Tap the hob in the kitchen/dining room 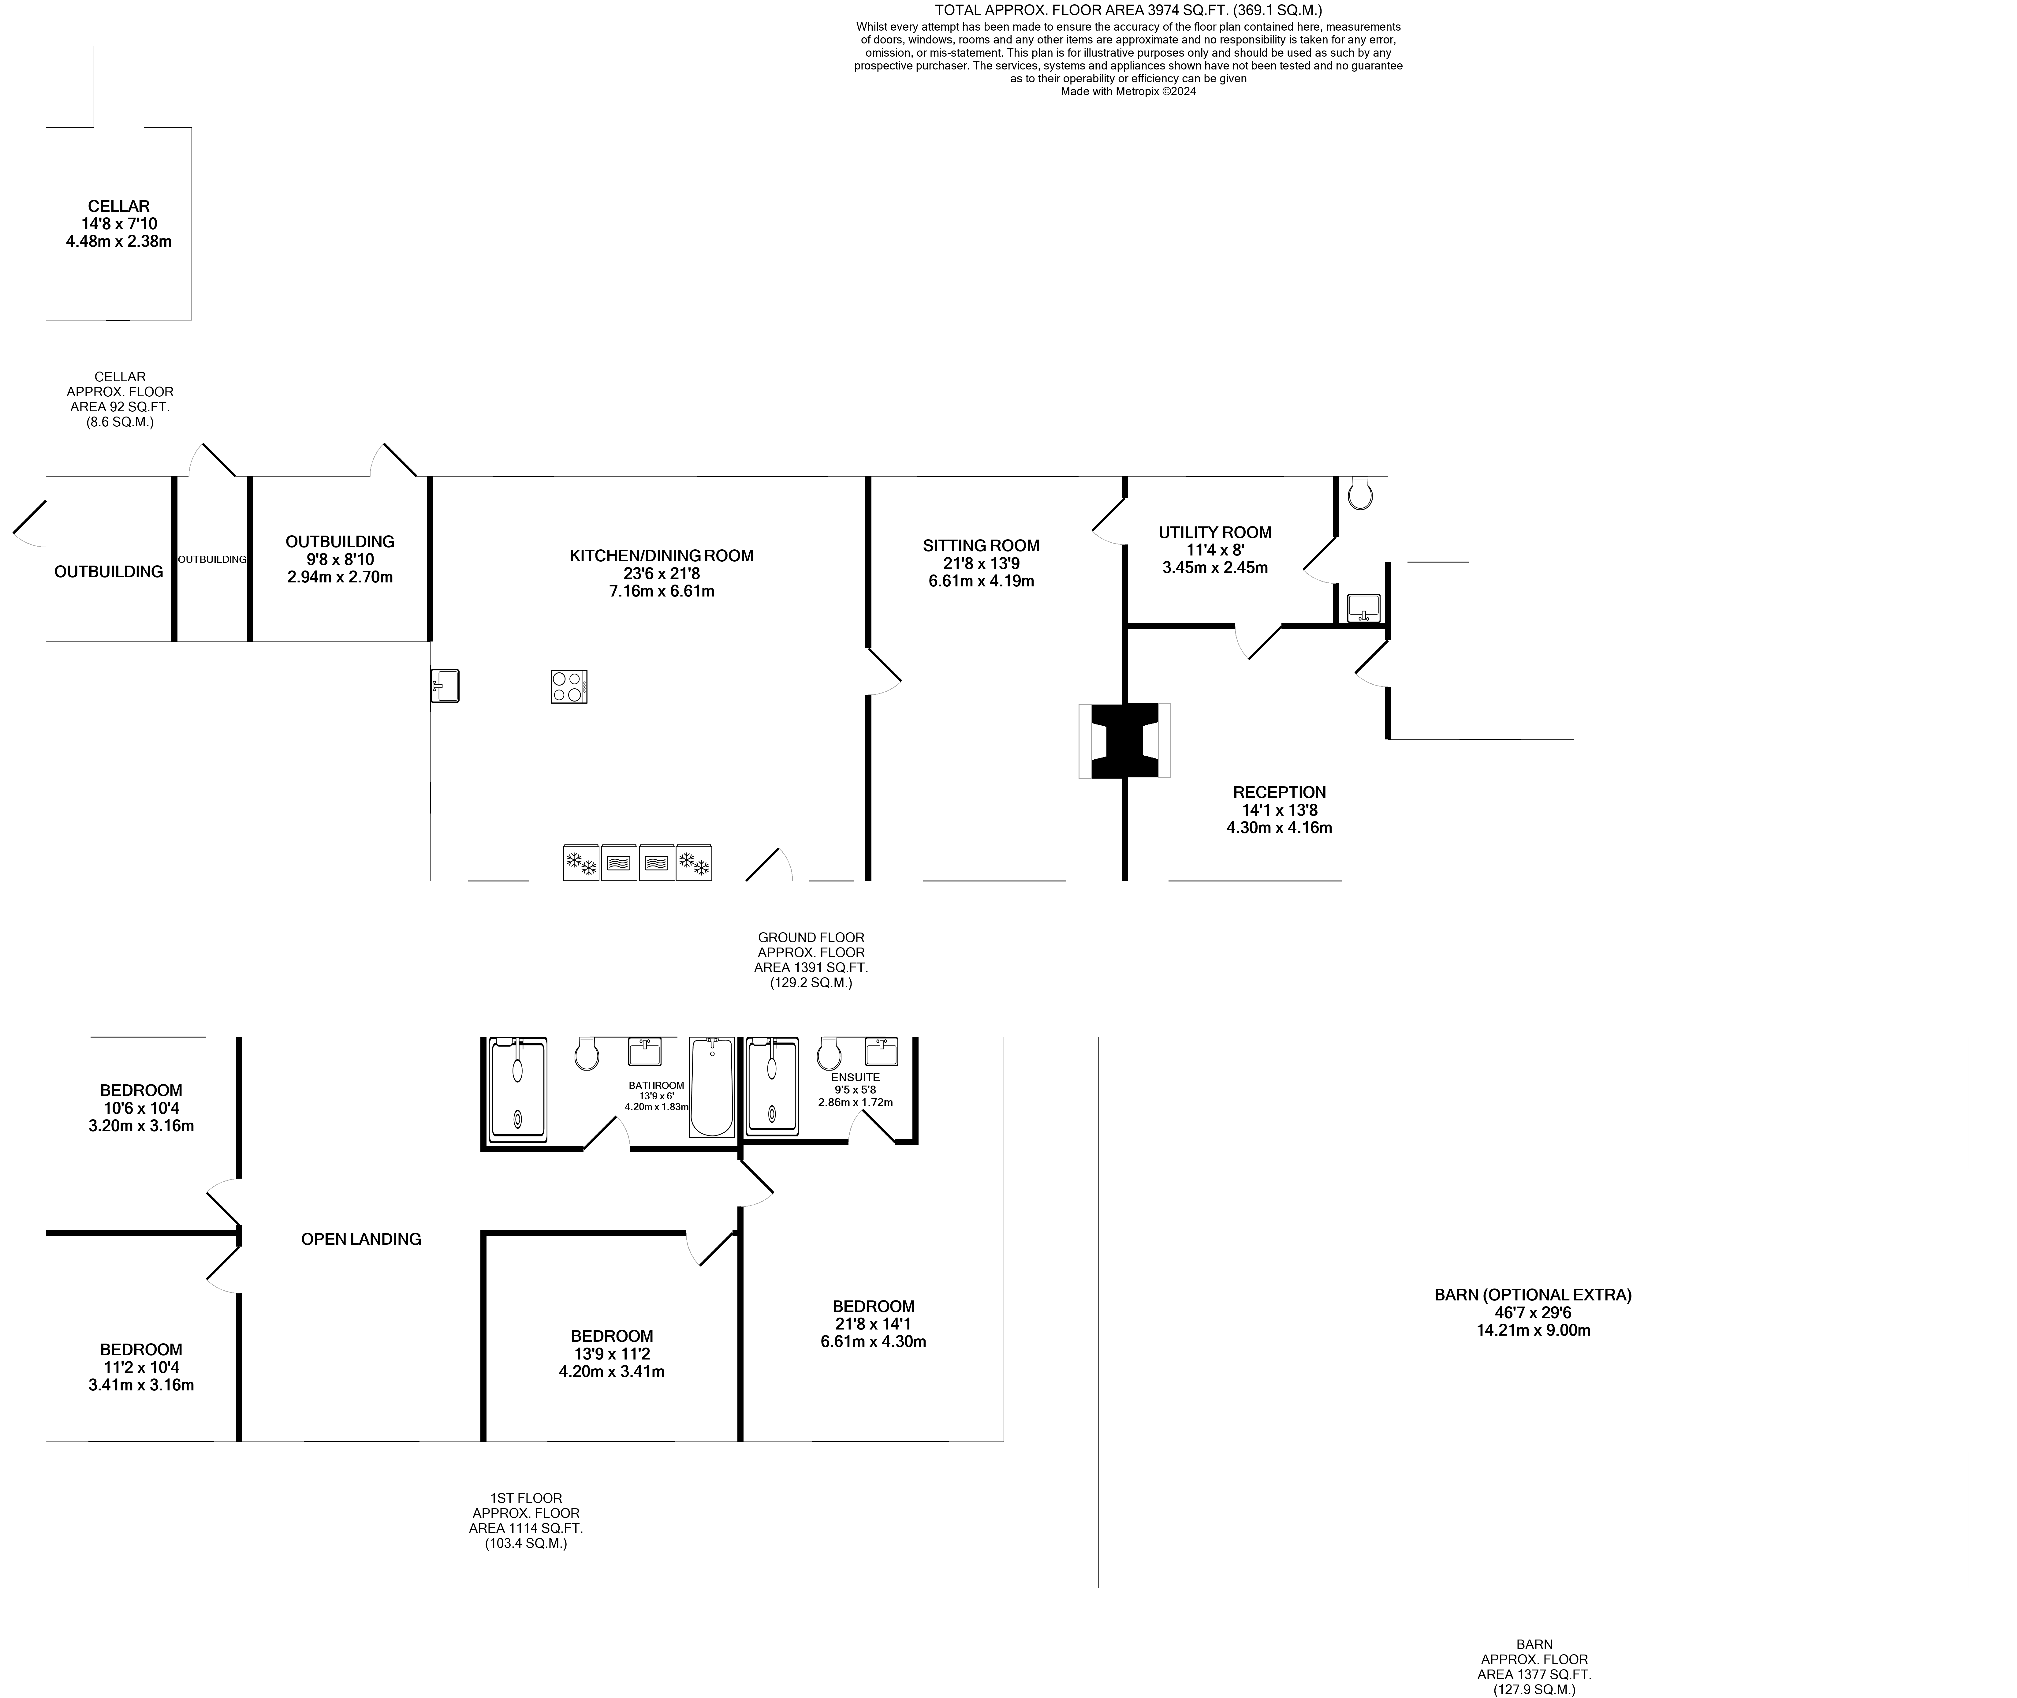tap(569, 686)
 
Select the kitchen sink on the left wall tap(445, 686)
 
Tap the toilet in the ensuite tap(829, 1054)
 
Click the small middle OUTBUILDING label tap(212, 559)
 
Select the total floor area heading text tap(1128, 9)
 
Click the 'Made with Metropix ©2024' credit tap(1128, 92)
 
